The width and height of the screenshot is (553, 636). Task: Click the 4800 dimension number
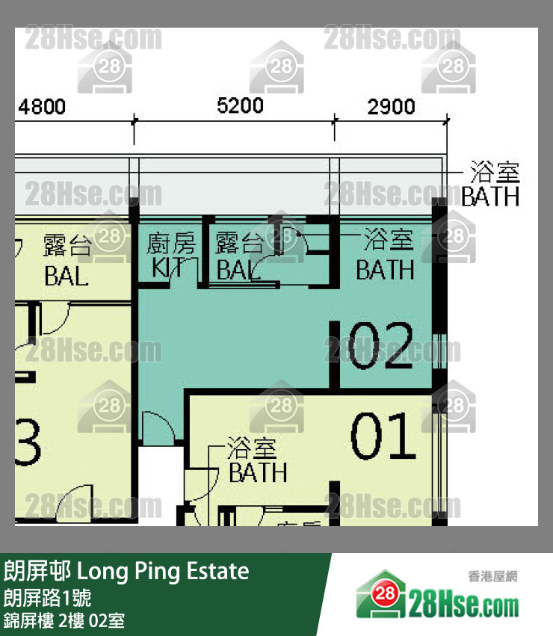point(42,107)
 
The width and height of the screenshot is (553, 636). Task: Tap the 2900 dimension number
point(391,107)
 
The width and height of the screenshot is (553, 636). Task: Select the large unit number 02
point(381,346)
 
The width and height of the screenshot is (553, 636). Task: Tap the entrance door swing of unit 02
point(158,429)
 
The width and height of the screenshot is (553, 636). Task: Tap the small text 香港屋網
point(492,576)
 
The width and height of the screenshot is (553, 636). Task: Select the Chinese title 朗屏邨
point(37,572)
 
